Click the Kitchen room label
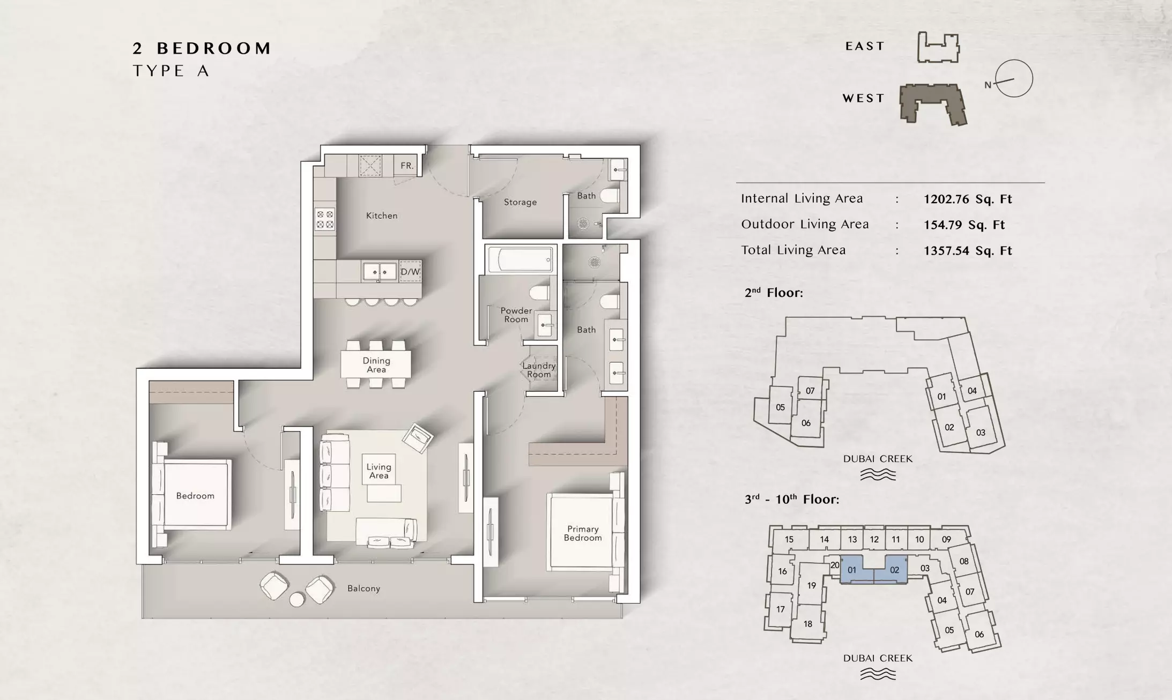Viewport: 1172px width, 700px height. (382, 215)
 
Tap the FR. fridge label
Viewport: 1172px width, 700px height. (407, 166)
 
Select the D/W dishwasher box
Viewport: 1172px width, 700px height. (410, 272)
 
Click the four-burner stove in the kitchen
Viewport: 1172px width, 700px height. (325, 219)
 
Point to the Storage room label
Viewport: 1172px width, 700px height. (520, 202)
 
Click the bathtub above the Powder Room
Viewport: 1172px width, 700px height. (521, 260)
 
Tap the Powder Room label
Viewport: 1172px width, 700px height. (516, 315)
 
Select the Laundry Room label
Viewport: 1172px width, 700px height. (539, 370)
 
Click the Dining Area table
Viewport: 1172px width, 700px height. (376, 364)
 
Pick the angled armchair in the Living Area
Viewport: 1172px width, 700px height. (418, 438)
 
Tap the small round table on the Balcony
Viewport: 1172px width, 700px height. (296, 599)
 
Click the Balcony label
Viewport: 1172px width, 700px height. (364, 589)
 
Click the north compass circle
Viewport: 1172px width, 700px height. (1014, 79)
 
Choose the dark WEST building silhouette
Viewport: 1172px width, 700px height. (933, 104)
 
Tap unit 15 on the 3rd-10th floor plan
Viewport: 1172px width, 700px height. (789, 539)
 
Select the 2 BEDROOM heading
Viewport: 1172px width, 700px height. (202, 48)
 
